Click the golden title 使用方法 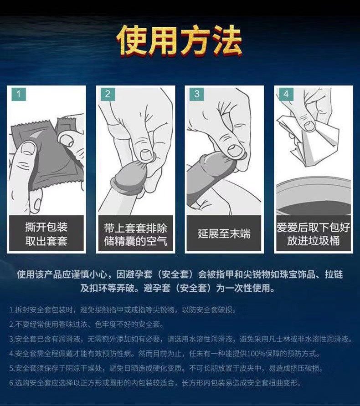pos(180,41)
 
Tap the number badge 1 pos(19,94)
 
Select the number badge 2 pos(108,94)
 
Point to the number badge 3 pos(197,94)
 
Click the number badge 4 pos(286,94)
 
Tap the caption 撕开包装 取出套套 pos(46,234)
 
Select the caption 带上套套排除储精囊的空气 pos(135,234)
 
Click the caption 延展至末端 pos(224,234)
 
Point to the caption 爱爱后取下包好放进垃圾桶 pos(314,234)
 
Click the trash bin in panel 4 pos(314,196)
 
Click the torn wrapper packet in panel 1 pos(46,153)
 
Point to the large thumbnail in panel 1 pos(28,149)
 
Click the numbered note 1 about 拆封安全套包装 pos(123,310)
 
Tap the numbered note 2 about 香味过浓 pos(87,324)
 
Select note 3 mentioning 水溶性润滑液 pos(180,339)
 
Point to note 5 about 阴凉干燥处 pos(166,368)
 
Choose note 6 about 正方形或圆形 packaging pos(155,383)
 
